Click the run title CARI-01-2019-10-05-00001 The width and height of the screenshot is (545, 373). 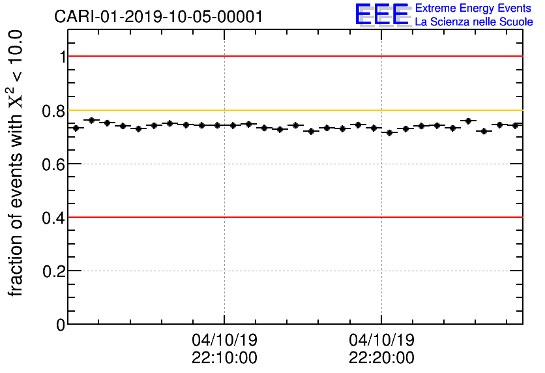pos(158,16)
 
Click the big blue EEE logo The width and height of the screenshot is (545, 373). pos(382,14)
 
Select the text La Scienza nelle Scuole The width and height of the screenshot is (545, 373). pos(474,22)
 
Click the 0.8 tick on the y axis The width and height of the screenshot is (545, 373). pos(55,111)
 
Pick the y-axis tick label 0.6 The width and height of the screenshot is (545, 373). pos(55,164)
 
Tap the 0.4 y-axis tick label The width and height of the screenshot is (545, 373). pos(55,218)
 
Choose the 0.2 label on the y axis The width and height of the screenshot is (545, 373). pos(55,271)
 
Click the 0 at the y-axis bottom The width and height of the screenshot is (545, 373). pos(61,325)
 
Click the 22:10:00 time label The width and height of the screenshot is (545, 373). pos(224,358)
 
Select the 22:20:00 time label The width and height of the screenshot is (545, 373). pos(381,358)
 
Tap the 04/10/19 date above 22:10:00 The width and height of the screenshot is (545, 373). pos(224,340)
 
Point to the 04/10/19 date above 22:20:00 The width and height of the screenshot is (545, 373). pos(381,340)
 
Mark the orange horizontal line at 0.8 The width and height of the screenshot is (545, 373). pos(293,110)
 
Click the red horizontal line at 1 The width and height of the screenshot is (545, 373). pos(293,56)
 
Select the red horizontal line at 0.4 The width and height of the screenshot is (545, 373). pos(293,216)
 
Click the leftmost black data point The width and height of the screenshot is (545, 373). pos(76,128)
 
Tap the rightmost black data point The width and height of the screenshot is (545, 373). pos(515,125)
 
